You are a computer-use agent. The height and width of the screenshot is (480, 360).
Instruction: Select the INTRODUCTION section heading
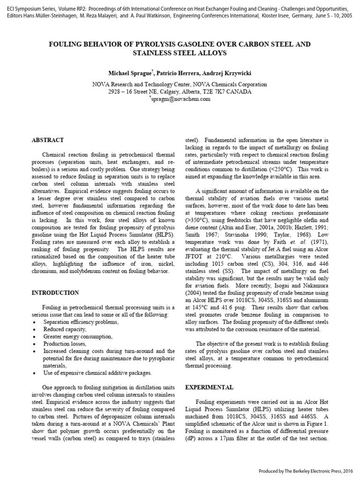point(55,292)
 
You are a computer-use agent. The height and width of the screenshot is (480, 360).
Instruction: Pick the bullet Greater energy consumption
point(77,337)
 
